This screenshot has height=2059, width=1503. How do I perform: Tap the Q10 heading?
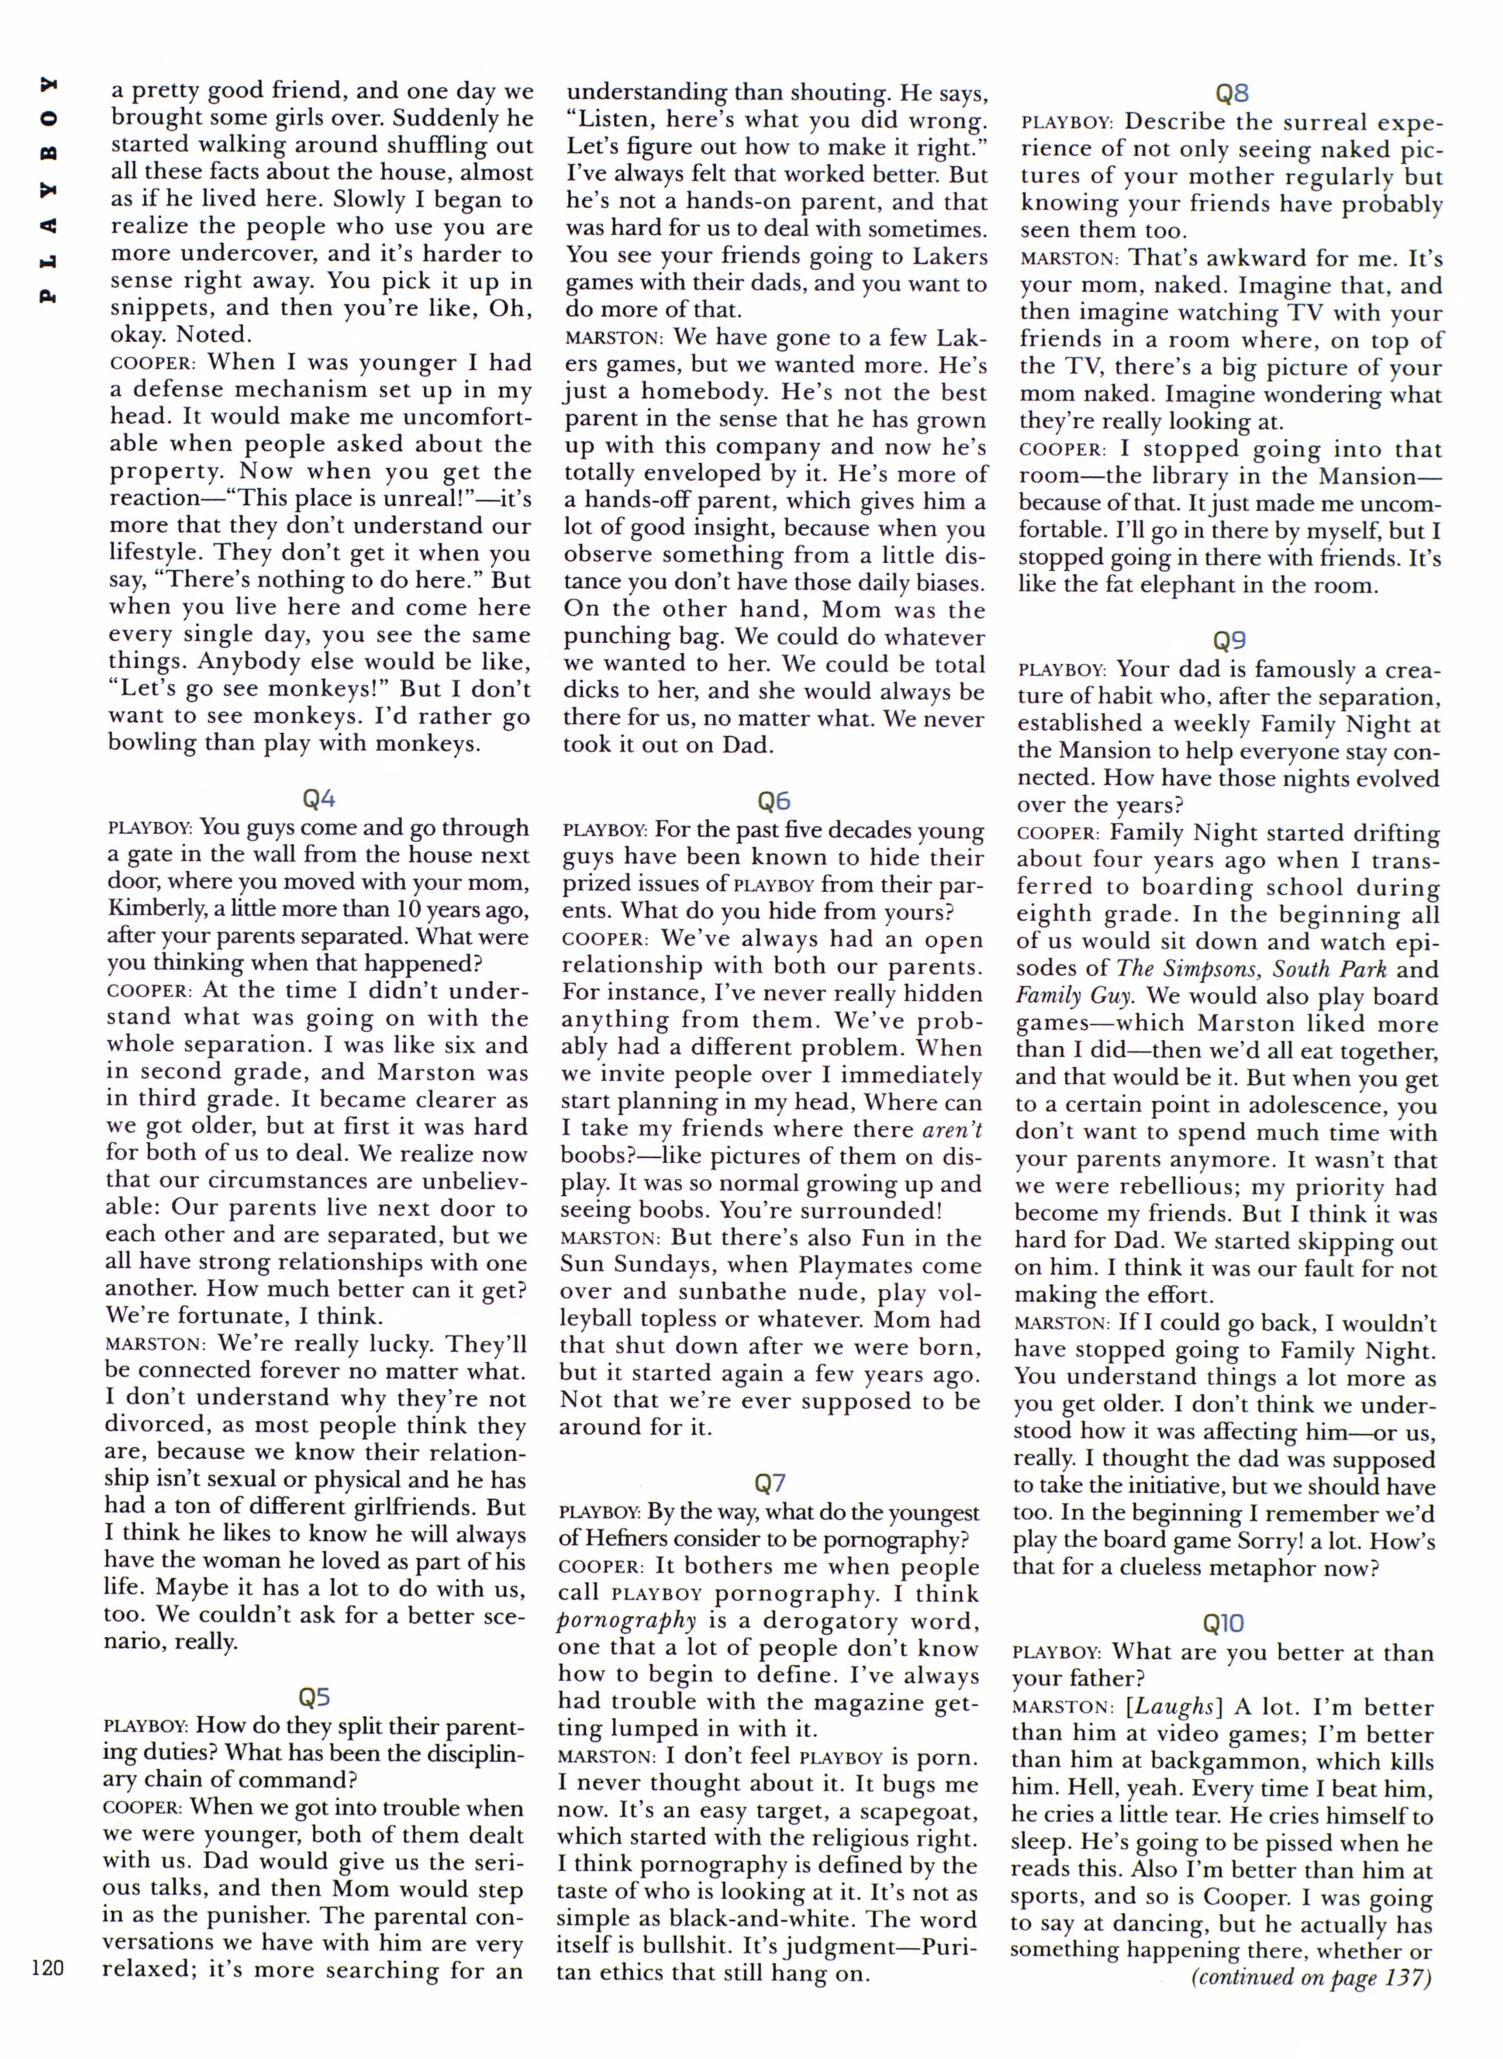tap(1223, 1623)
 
